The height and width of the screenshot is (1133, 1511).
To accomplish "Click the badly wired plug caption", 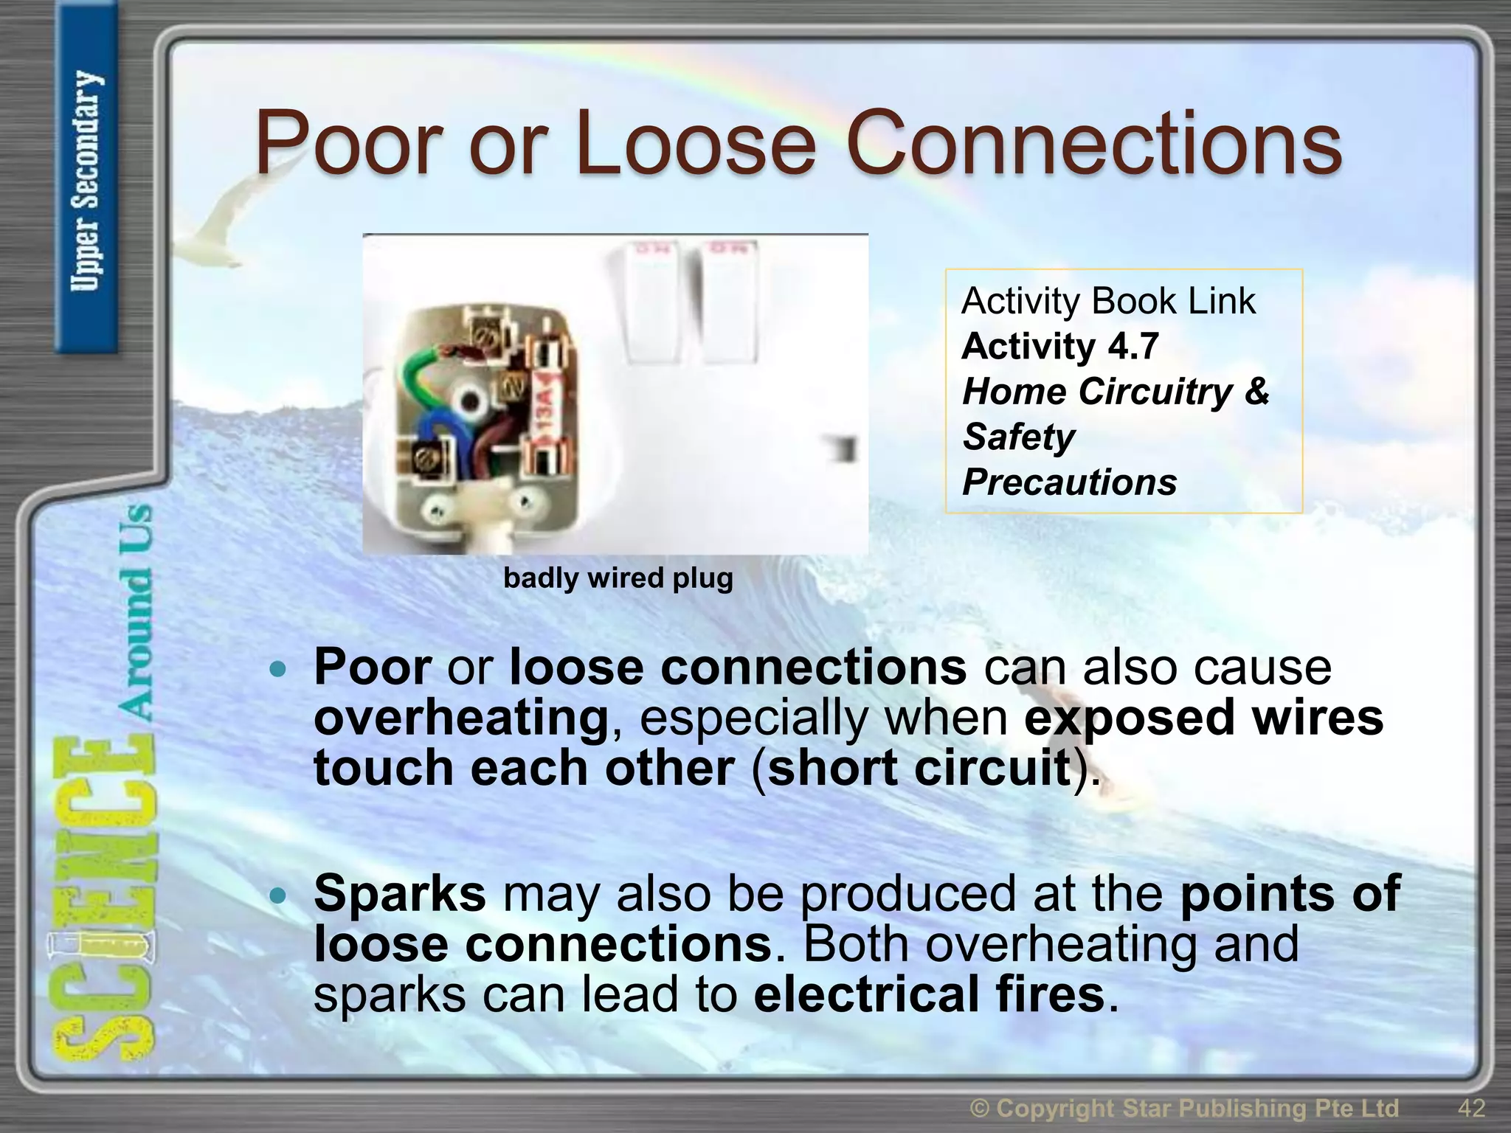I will click(618, 578).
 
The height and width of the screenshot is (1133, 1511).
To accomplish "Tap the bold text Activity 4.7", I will click(1059, 346).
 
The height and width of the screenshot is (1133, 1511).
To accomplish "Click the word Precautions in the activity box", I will click(1069, 482).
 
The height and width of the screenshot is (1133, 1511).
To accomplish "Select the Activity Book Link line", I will click(1107, 301).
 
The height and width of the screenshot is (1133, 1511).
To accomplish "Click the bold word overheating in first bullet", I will click(461, 717).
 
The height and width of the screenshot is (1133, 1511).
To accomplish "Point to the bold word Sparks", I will click(399, 893).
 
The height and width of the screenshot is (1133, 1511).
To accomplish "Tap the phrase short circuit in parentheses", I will click(919, 767).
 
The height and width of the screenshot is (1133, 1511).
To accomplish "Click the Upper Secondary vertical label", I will click(86, 181).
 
